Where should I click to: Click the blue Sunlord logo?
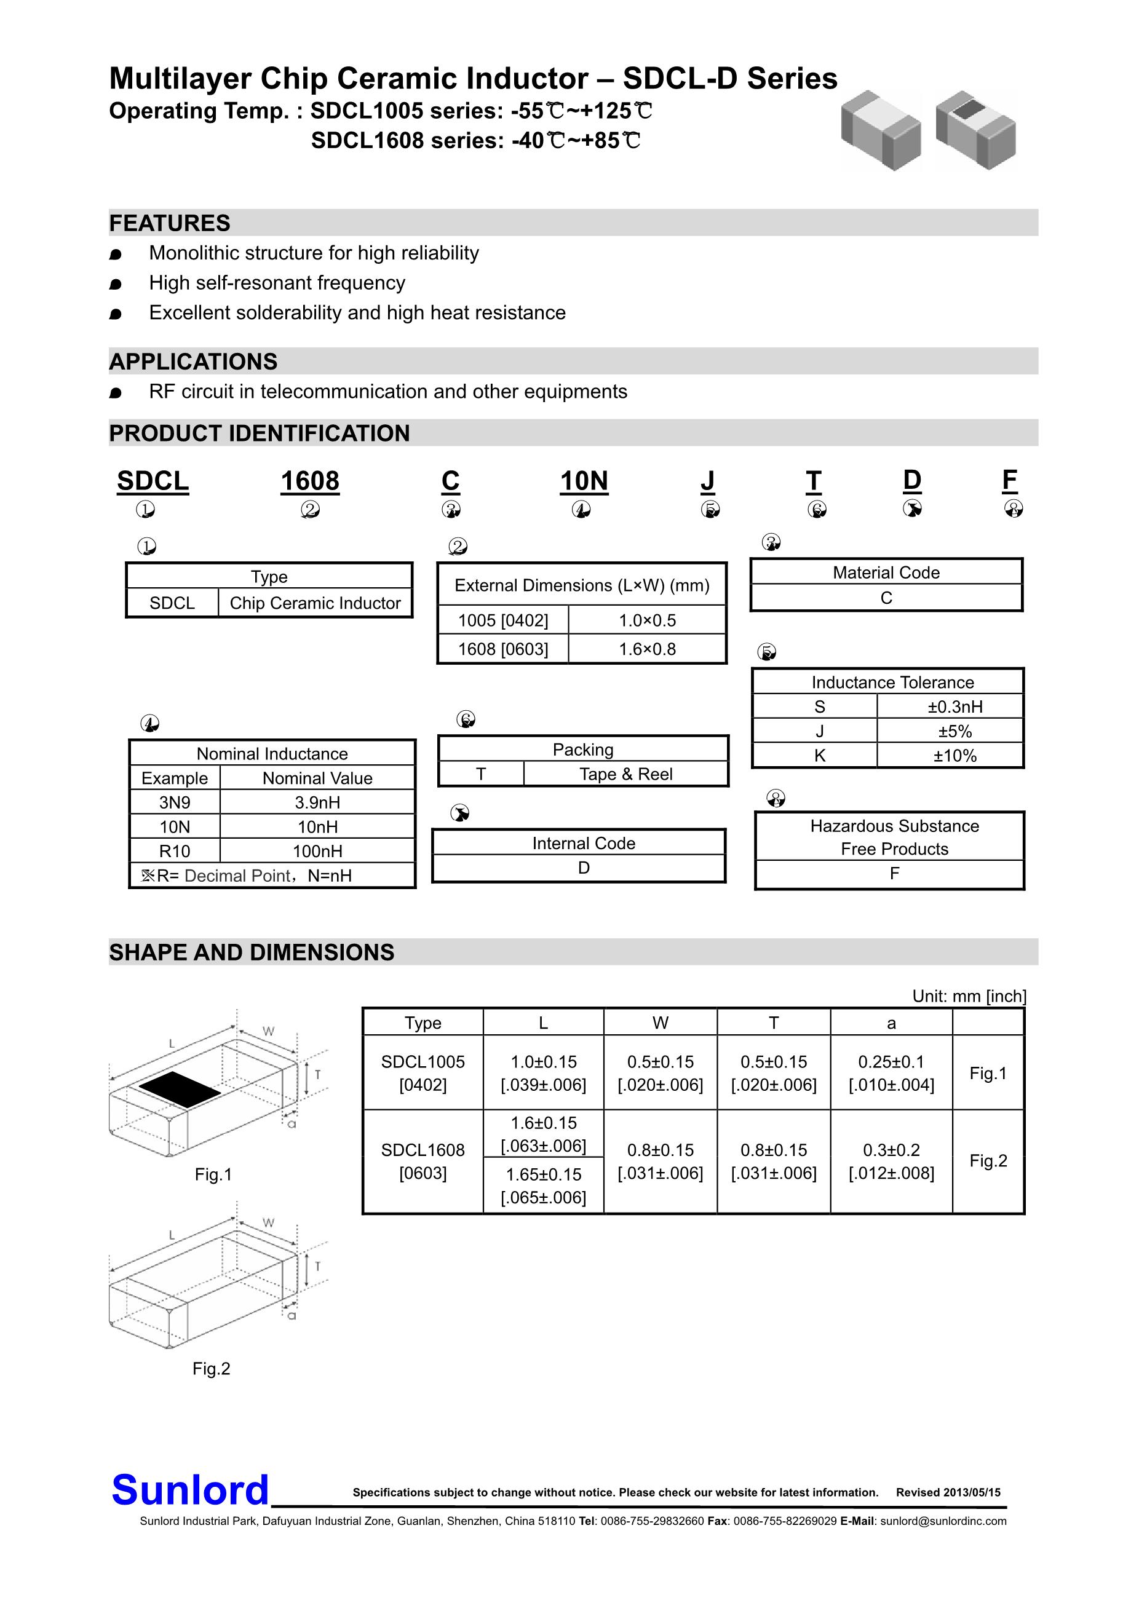[x=190, y=1490]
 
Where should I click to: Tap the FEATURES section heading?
[x=170, y=223]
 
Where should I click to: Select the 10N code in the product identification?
[x=584, y=481]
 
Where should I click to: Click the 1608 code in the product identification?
[x=309, y=481]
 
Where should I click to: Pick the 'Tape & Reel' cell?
[x=625, y=774]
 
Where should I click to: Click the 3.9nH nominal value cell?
[x=317, y=802]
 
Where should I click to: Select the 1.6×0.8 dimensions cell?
[x=647, y=649]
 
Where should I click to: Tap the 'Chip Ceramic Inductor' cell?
[x=315, y=603]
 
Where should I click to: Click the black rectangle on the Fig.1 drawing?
[x=180, y=1089]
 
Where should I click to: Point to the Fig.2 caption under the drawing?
[x=211, y=1368]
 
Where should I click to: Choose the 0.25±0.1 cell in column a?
[x=891, y=1073]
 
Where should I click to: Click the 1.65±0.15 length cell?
[x=544, y=1185]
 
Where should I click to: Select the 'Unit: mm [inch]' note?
[x=969, y=996]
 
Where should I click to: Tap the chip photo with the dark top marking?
[x=975, y=130]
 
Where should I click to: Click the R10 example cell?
[x=175, y=851]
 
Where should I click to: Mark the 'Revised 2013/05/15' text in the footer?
[x=948, y=1492]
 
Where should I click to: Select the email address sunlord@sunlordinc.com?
[x=943, y=1521]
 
